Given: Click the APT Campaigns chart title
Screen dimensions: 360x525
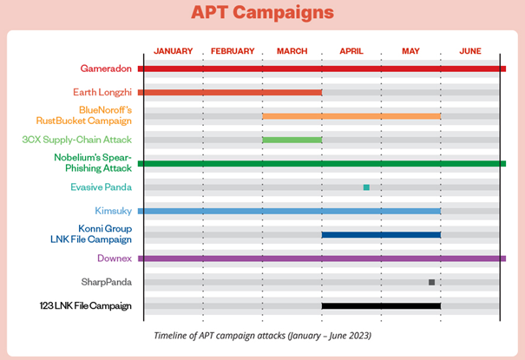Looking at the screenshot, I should [262, 14].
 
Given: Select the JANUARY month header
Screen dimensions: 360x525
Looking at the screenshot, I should [174, 51].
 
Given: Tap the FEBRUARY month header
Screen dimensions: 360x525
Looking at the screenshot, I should [233, 51].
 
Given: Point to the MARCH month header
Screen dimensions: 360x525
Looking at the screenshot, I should [292, 51].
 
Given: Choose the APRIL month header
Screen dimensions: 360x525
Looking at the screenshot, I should [351, 51].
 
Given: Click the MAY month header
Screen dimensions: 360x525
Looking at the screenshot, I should [411, 51].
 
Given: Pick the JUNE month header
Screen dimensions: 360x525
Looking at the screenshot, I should [470, 51].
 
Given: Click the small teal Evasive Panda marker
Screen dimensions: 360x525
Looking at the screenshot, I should [366, 187].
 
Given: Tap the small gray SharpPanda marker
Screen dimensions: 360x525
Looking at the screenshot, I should [431, 282].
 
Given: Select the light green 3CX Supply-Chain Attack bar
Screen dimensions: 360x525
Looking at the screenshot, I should [292, 140].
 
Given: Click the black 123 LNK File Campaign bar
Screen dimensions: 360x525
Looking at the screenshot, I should [381, 305].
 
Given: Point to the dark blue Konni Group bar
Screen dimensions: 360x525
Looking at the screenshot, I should [381, 234].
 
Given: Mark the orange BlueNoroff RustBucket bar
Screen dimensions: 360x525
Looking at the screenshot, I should [351, 116].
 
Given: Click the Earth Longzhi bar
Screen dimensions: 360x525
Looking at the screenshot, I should [230, 92].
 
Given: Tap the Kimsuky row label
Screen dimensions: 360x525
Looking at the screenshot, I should [113, 211].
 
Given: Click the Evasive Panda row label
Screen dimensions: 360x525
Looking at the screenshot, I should [101, 187].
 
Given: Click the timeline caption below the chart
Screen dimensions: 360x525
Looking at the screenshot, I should [261, 335].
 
